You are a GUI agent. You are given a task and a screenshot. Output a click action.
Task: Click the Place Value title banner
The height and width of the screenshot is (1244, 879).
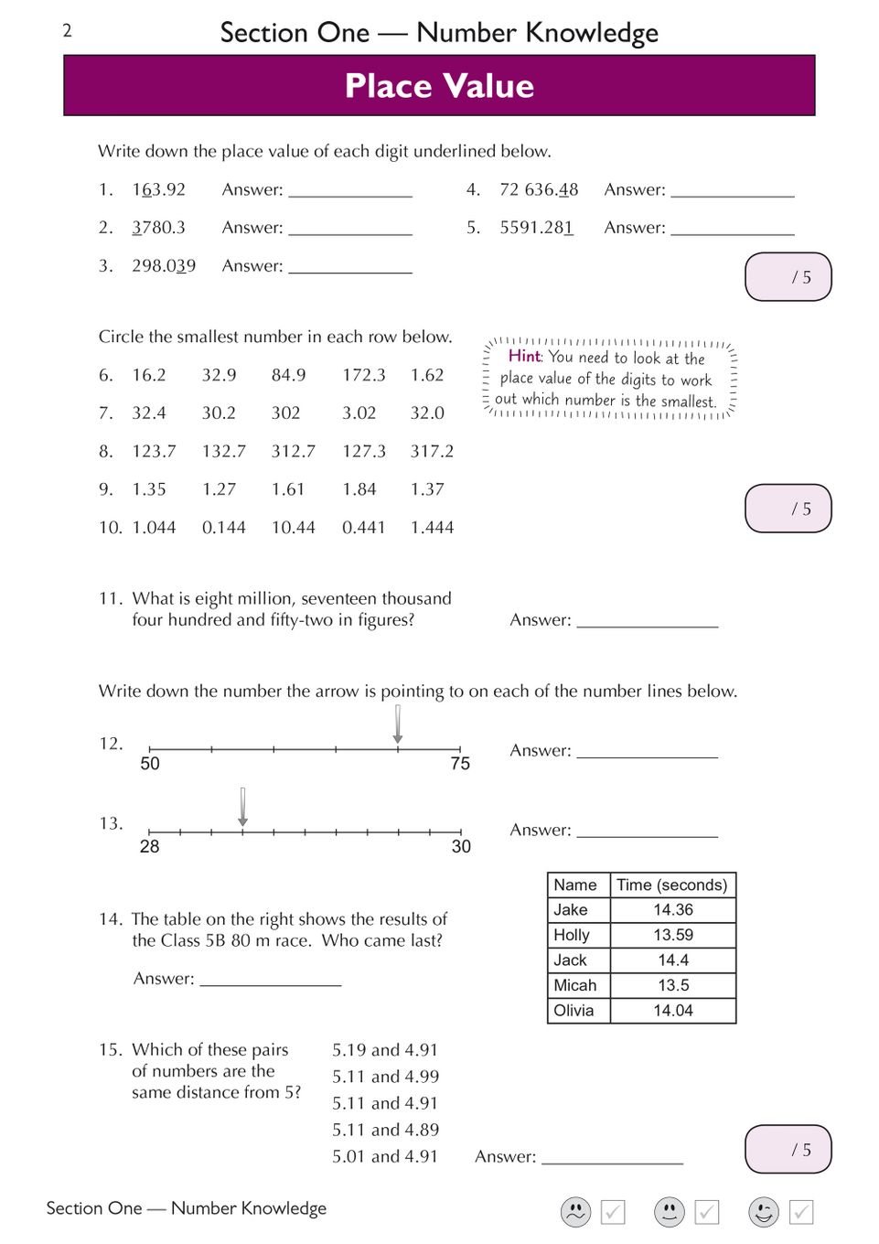point(439,86)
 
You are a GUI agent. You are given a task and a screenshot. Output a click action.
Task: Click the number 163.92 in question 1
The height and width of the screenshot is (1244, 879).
point(158,190)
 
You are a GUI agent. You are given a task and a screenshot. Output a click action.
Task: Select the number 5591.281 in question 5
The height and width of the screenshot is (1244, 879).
point(536,228)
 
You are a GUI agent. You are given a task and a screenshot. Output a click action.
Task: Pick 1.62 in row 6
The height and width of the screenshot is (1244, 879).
point(427,375)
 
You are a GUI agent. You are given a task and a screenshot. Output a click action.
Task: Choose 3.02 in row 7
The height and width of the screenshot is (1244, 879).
point(359,413)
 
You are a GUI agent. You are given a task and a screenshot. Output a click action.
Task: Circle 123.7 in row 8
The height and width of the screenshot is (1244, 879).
point(154,452)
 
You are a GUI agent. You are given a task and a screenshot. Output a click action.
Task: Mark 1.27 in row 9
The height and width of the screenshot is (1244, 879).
point(219,489)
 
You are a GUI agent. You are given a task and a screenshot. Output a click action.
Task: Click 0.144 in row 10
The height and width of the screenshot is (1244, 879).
point(223,528)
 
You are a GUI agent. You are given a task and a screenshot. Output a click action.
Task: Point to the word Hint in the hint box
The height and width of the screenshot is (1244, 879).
point(525,356)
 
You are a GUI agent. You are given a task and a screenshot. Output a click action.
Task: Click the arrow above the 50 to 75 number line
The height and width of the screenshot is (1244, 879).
point(398,724)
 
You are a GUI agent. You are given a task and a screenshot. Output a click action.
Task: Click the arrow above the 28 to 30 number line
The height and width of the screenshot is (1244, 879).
point(242,806)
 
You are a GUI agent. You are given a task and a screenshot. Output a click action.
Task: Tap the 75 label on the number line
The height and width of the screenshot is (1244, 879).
point(460,764)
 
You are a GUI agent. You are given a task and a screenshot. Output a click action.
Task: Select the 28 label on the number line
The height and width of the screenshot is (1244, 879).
point(149,847)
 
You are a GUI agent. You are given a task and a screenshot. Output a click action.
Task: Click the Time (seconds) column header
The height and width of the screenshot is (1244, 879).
point(671,885)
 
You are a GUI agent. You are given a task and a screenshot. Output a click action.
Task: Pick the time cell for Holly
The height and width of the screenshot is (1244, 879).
point(673,936)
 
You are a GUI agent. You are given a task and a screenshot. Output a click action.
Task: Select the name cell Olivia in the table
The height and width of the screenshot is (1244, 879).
point(573,1011)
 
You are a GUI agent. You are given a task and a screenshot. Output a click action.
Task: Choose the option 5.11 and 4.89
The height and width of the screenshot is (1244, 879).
point(385,1131)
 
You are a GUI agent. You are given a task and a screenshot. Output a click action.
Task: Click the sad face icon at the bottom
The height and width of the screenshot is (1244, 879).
point(575,1212)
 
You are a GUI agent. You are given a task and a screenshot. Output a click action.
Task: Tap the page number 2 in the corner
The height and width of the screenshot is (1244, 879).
point(67,31)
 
